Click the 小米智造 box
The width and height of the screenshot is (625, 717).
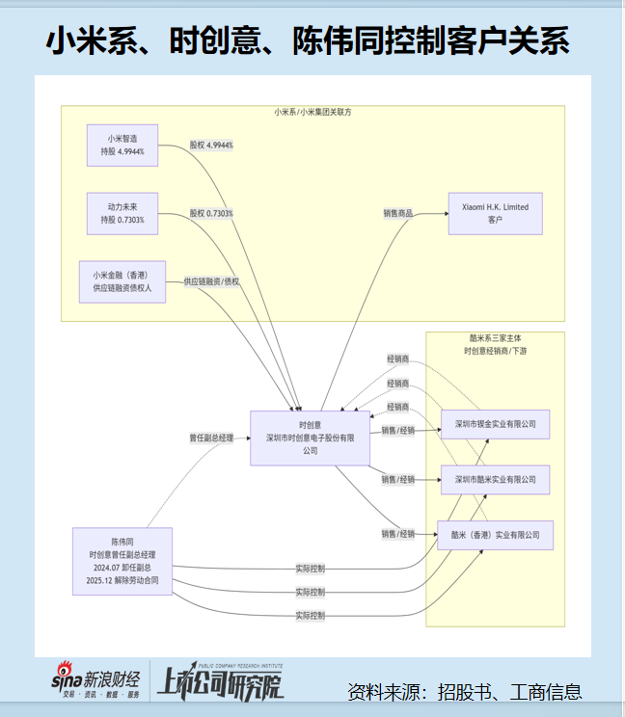coord(122,146)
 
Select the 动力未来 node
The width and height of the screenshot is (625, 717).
coord(122,214)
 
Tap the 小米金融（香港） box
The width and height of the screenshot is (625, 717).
coord(122,281)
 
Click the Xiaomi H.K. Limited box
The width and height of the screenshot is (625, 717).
coord(496,214)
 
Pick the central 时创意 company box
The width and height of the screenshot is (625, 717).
coord(311,438)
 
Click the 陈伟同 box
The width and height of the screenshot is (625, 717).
coord(122,561)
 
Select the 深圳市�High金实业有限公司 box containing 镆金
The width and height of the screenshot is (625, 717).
coord(496,424)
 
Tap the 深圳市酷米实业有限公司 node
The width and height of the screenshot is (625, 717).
coord(496,480)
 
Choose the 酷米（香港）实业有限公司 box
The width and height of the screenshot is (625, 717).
coord(496,535)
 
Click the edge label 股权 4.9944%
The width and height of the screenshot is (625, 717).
coord(211,145)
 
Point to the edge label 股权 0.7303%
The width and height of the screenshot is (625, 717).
coord(211,213)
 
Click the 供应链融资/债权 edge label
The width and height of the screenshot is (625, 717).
coord(211,281)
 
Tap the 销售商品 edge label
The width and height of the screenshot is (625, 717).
coord(398,213)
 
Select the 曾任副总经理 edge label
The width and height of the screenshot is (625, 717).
coord(211,438)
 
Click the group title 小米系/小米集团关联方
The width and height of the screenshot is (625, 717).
coord(312,112)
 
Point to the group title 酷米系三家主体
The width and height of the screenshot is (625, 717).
coord(496,338)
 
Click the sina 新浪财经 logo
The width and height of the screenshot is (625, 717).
coord(95,680)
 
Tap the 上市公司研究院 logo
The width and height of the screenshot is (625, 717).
coord(221,681)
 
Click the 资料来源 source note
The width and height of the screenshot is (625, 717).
coord(464,692)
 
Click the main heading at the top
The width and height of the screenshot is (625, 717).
coord(308,40)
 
